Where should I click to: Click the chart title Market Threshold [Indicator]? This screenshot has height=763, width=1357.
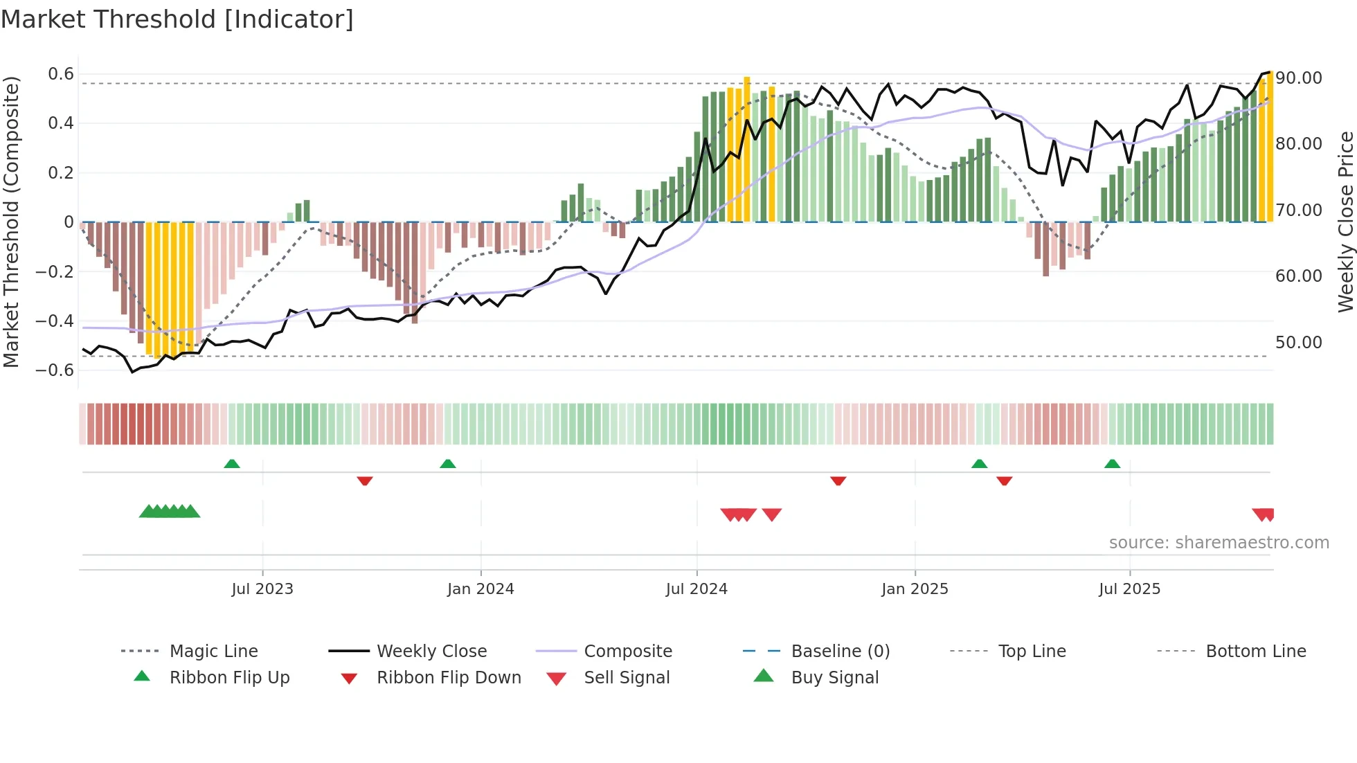coord(177,19)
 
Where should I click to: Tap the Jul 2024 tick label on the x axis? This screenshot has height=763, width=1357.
coord(697,589)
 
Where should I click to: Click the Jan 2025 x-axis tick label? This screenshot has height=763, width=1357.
coord(915,589)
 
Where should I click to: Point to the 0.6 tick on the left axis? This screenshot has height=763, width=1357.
coord(61,74)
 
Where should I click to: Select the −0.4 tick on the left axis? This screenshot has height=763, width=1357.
coord(55,321)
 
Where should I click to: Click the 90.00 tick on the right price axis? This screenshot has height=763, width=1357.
coord(1299,78)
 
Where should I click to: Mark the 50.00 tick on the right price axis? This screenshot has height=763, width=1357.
coord(1299,342)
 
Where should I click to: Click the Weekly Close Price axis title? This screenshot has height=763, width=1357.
coord(1345,222)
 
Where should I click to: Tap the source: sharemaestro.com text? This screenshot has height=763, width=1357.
coord(1219,542)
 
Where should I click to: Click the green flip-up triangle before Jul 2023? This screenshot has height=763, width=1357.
coord(232,464)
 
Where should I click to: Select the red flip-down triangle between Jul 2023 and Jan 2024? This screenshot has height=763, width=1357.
coord(365,481)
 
